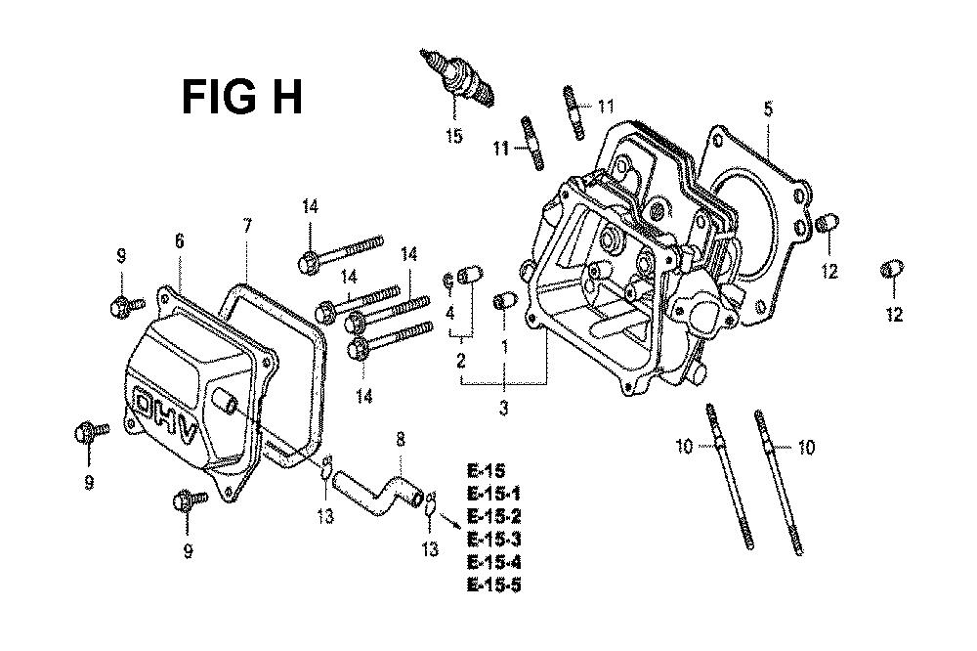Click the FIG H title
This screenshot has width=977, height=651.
point(242,97)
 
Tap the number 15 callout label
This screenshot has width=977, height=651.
point(454,135)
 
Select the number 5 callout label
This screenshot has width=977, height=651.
point(768,109)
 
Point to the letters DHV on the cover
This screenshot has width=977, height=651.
point(166,416)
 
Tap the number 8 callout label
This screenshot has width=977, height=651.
point(400,440)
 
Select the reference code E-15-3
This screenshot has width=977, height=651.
point(493,539)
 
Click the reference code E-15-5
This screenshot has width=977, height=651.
point(493,585)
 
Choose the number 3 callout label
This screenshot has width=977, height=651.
point(503,408)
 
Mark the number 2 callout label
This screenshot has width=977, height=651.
point(461,361)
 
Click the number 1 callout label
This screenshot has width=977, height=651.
point(505,347)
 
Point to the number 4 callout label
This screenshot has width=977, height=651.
point(449,313)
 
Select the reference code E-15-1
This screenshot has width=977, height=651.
point(493,494)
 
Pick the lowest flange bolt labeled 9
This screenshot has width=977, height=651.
point(190,499)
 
